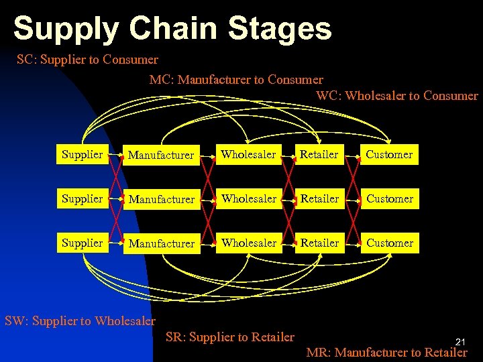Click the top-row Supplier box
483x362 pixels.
(82, 154)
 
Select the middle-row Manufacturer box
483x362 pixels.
(161, 199)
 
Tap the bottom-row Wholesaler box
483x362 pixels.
(249, 243)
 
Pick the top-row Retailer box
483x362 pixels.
(319, 154)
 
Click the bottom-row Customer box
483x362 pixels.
(390, 243)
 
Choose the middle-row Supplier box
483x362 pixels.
(82, 198)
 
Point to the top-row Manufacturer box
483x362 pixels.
(161, 155)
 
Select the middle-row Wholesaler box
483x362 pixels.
(249, 198)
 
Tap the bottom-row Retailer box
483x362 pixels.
(319, 243)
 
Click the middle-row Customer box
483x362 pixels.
(390, 198)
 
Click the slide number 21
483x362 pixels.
(460, 341)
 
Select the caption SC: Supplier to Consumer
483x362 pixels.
(87, 60)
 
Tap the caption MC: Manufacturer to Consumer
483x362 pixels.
(236, 80)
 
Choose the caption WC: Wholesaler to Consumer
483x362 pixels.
(397, 95)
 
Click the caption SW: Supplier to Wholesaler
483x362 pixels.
(80, 320)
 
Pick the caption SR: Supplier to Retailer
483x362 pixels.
(229, 337)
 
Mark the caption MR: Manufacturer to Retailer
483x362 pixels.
(386, 352)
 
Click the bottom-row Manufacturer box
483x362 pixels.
(161, 243)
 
